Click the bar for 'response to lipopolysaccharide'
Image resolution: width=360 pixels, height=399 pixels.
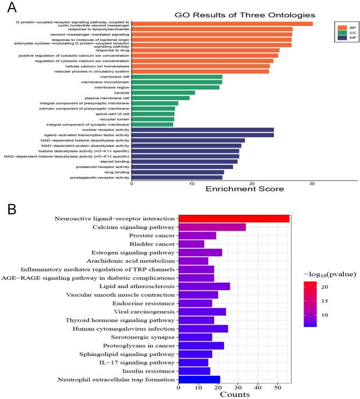(211, 29)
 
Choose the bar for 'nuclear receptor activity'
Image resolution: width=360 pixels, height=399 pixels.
(202, 130)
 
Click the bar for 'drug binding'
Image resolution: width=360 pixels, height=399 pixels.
(178, 172)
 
